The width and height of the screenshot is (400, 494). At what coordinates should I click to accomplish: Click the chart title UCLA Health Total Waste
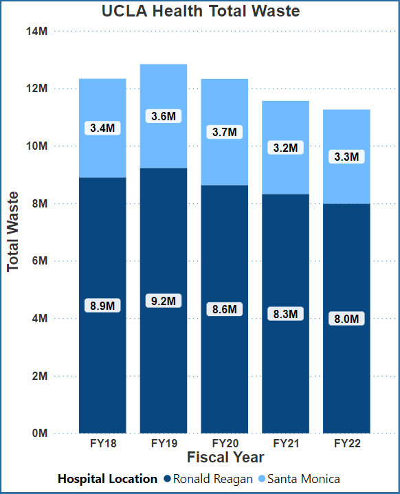click(200, 12)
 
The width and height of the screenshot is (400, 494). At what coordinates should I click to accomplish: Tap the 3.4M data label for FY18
click(102, 128)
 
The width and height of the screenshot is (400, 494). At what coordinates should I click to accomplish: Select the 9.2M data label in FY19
click(164, 300)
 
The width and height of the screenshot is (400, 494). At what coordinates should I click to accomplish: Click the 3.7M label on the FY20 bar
click(225, 131)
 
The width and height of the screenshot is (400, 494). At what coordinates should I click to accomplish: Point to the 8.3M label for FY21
click(285, 314)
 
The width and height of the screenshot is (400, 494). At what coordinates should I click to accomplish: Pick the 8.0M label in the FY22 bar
click(346, 319)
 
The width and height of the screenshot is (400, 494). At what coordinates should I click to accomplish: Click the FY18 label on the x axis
click(103, 444)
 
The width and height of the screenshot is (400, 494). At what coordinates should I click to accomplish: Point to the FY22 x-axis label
click(347, 444)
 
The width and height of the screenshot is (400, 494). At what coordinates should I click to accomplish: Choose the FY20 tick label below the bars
click(225, 444)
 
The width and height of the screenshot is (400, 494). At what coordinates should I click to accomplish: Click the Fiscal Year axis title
click(225, 457)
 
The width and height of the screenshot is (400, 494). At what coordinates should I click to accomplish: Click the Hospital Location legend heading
click(107, 478)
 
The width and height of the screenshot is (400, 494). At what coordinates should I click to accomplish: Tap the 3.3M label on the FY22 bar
click(346, 157)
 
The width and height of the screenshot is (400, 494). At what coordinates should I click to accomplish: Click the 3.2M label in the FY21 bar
click(285, 148)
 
